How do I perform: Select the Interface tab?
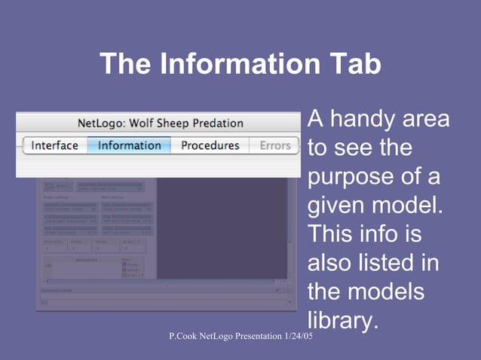55,145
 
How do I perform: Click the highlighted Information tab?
129,145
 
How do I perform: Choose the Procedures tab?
210,145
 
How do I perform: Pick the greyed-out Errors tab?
275,145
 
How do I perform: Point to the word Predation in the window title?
219,123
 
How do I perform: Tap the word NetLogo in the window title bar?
102,123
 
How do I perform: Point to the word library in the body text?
340,320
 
